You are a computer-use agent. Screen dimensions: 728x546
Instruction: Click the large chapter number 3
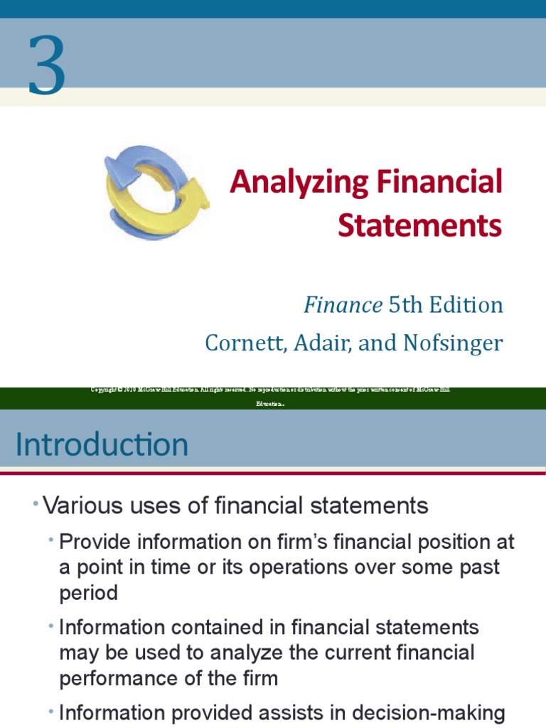[x=47, y=67]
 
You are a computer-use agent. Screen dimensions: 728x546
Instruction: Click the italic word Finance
[x=343, y=305]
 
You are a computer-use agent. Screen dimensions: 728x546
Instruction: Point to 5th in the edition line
[x=403, y=305]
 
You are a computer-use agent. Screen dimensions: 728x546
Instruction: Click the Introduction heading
[x=102, y=445]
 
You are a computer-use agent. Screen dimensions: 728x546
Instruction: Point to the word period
[x=88, y=593]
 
